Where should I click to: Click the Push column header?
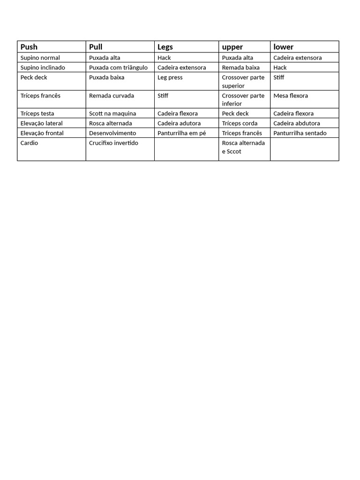(29, 47)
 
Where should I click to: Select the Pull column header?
(96, 47)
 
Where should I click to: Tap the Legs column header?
(165, 47)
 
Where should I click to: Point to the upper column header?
(232, 47)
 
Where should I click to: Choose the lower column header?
(284, 47)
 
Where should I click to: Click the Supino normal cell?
(40, 58)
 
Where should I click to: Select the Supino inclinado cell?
(43, 67)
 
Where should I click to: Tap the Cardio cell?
(30, 143)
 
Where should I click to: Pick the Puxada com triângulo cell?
(118, 67)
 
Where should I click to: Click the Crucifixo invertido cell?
(113, 143)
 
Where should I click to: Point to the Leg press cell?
(170, 77)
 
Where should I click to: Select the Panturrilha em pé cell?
(182, 133)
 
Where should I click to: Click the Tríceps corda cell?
(240, 123)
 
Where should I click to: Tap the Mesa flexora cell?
(291, 96)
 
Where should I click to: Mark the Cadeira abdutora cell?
(297, 123)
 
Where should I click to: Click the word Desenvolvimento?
(112, 133)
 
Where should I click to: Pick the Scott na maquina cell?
(112, 113)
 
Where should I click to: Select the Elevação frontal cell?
(42, 133)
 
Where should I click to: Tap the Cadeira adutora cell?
(179, 123)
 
